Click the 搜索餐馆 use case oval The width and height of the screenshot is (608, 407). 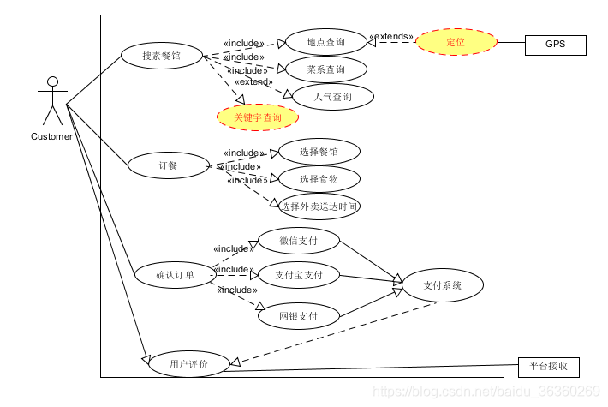click(x=161, y=57)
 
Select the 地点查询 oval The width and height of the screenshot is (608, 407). click(x=325, y=41)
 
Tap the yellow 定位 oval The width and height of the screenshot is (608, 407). click(x=456, y=42)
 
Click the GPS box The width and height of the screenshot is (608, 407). click(x=555, y=45)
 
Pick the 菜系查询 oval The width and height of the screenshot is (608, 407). click(x=325, y=69)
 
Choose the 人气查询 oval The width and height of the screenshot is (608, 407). click(x=333, y=97)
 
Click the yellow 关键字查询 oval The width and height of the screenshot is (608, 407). click(x=257, y=117)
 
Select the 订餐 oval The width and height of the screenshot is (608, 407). click(x=168, y=165)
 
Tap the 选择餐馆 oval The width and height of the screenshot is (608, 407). click(x=319, y=152)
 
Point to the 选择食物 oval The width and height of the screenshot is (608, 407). click(x=319, y=179)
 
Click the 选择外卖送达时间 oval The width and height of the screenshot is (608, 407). click(x=319, y=206)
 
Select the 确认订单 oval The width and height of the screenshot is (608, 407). click(x=175, y=276)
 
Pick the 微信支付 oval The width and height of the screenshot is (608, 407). click(x=298, y=241)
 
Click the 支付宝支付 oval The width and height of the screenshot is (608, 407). click(x=298, y=275)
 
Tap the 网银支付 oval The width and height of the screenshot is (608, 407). click(x=298, y=315)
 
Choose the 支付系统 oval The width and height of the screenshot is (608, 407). click(x=442, y=285)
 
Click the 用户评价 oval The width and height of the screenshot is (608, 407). click(x=188, y=364)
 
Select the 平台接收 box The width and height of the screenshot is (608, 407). click(x=549, y=368)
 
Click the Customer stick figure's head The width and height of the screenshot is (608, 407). click(x=53, y=83)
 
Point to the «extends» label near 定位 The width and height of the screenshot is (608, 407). click(x=391, y=38)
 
